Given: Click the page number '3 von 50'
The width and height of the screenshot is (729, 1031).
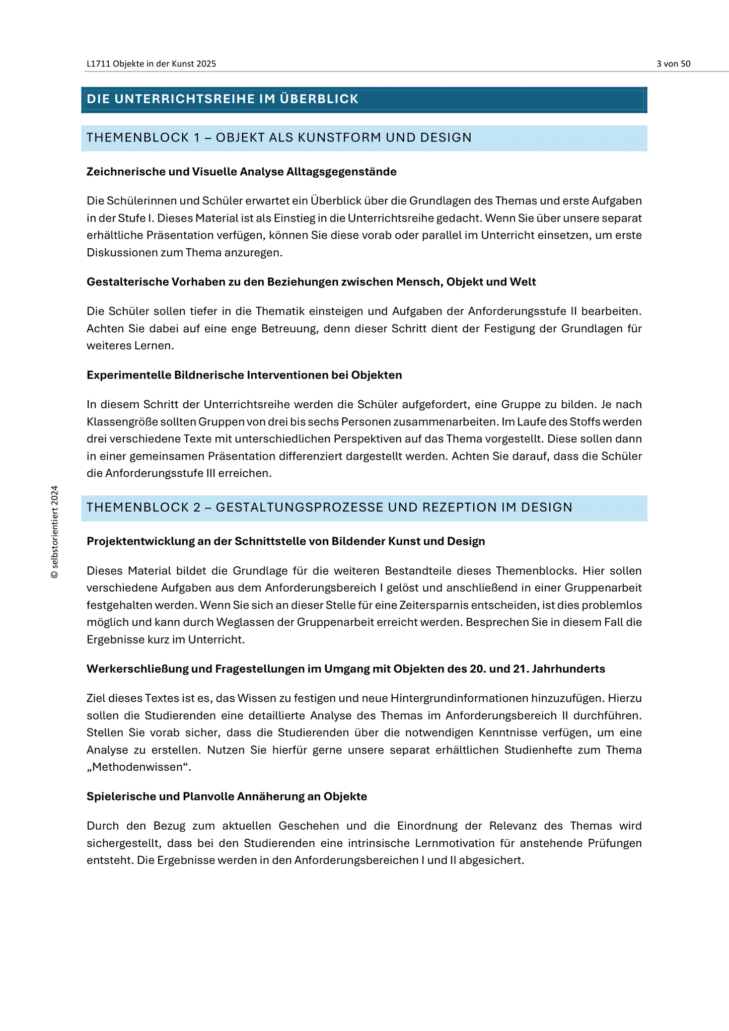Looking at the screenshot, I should pyautogui.click(x=673, y=64).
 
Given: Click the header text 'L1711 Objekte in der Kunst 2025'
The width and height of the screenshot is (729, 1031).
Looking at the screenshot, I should pyautogui.click(x=151, y=64).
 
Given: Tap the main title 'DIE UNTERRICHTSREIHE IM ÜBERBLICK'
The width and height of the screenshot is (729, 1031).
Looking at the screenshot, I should pyautogui.click(x=223, y=99).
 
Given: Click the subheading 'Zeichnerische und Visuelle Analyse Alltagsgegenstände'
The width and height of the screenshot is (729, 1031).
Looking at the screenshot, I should pyautogui.click(x=241, y=172).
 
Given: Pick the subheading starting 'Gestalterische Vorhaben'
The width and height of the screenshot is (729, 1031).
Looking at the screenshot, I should pyautogui.click(x=311, y=282).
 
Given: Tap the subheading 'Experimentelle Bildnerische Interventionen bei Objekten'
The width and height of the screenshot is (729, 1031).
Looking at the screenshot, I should pyautogui.click(x=244, y=375).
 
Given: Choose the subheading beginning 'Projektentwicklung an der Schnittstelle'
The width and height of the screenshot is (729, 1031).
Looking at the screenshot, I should pyautogui.click(x=285, y=541).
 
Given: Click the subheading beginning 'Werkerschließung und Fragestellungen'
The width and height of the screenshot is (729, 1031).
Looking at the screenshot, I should pyautogui.click(x=345, y=669).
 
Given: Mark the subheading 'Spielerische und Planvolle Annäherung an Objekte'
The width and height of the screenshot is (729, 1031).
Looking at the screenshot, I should pyautogui.click(x=227, y=796).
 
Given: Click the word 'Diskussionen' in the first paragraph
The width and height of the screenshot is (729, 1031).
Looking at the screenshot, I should pyautogui.click(x=117, y=253).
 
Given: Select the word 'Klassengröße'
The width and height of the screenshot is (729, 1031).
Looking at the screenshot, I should pyautogui.click(x=116, y=422).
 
